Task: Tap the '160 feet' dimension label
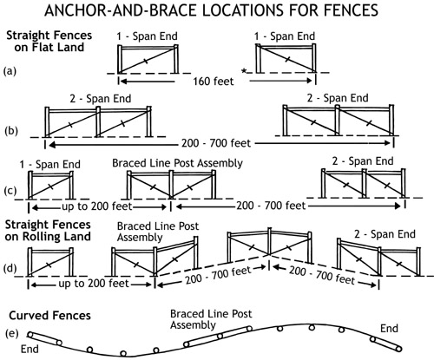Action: [x=214, y=82]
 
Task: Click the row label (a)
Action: [x=10, y=71]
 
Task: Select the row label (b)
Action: [x=11, y=131]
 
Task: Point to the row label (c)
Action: [x=10, y=191]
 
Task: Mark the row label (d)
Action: [x=10, y=268]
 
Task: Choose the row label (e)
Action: [x=12, y=333]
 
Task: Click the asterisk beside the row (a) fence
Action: [x=244, y=71]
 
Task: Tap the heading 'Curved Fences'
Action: [x=49, y=315]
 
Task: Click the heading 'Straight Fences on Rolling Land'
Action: [x=48, y=231]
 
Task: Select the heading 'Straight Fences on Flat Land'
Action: [x=49, y=41]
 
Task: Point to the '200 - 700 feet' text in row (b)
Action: [x=216, y=143]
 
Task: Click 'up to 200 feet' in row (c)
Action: [x=97, y=206]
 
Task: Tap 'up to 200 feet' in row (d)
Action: [x=94, y=284]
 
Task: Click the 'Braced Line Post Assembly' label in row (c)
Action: [x=177, y=163]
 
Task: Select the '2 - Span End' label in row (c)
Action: [x=363, y=161]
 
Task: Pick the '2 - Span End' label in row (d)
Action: [x=385, y=234]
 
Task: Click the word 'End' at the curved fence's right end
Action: [x=389, y=329]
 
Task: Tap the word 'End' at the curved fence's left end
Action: [x=30, y=349]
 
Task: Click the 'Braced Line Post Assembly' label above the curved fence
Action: [x=211, y=319]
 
